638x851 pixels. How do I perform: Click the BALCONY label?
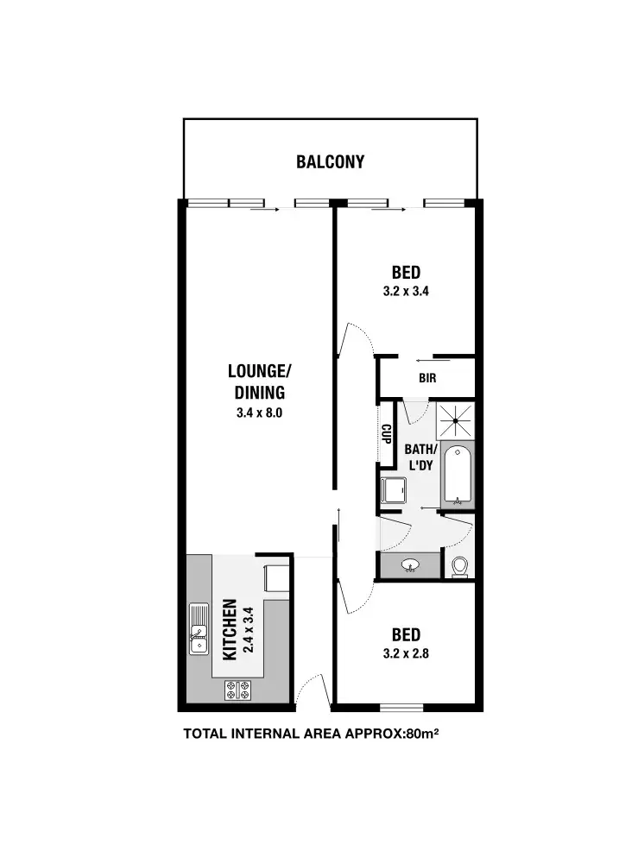tap(330, 161)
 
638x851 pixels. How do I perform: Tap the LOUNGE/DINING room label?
tap(259, 381)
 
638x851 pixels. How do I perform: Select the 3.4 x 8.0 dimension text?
tap(259, 413)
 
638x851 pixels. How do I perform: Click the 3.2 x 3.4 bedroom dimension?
tap(406, 292)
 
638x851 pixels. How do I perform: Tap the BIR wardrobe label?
tap(427, 378)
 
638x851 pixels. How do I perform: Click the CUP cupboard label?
tap(387, 433)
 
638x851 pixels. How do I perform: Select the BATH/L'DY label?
tap(420, 457)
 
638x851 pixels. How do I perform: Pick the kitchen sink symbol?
tap(199, 630)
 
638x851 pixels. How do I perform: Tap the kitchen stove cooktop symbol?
tap(237, 689)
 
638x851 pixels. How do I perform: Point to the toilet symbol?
tap(459, 566)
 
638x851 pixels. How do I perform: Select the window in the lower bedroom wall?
tap(402, 708)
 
